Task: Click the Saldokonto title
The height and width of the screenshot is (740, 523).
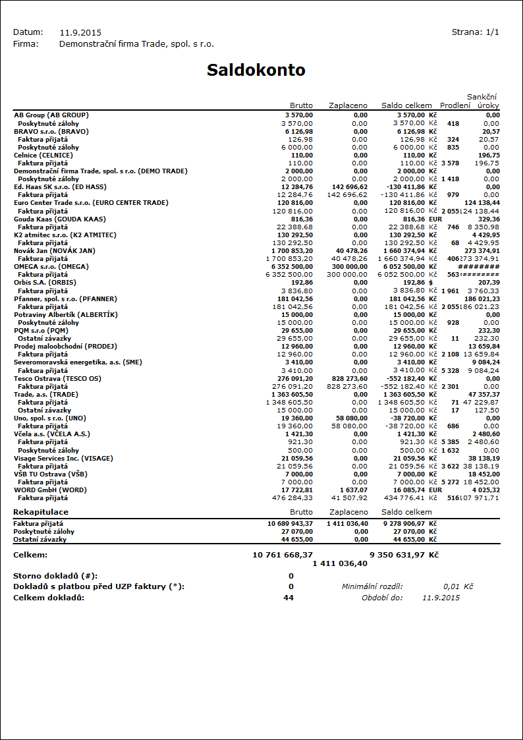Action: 256,71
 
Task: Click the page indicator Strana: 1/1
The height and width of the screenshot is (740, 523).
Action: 476,32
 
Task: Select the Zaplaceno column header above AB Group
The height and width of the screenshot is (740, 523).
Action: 348,105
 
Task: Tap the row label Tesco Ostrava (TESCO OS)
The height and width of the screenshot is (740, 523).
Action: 58,378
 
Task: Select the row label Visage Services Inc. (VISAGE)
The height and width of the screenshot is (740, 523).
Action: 63,458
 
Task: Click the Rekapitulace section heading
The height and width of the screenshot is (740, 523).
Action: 41,512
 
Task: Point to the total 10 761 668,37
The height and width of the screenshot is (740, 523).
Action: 283,555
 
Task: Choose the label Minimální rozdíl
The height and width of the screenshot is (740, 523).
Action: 372,586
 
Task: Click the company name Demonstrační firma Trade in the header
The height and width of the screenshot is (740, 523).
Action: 136,44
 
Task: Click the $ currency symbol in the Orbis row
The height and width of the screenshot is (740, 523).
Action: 431,282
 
